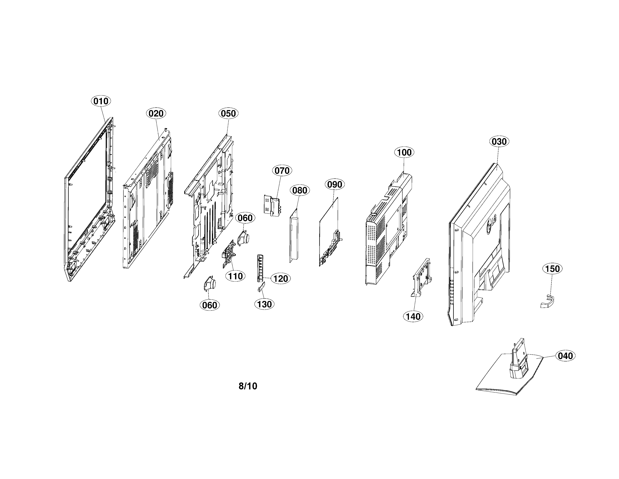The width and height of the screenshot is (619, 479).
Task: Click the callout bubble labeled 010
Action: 101,101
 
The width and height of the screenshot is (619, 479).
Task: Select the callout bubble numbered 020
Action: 156,113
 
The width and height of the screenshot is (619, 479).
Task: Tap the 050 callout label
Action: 228,113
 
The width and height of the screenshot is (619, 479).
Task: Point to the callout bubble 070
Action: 282,171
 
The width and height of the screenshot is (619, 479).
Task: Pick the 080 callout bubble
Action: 300,190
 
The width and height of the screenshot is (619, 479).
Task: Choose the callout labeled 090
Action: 334,184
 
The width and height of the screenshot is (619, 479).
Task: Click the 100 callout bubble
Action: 404,152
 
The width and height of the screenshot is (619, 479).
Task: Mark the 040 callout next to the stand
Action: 565,356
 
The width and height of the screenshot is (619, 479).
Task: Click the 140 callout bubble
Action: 413,316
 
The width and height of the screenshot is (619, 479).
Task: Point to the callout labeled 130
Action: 264,304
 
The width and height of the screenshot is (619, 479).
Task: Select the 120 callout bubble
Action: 281,278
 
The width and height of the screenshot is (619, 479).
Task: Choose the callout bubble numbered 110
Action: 235,276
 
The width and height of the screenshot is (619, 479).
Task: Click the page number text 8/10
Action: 248,386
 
